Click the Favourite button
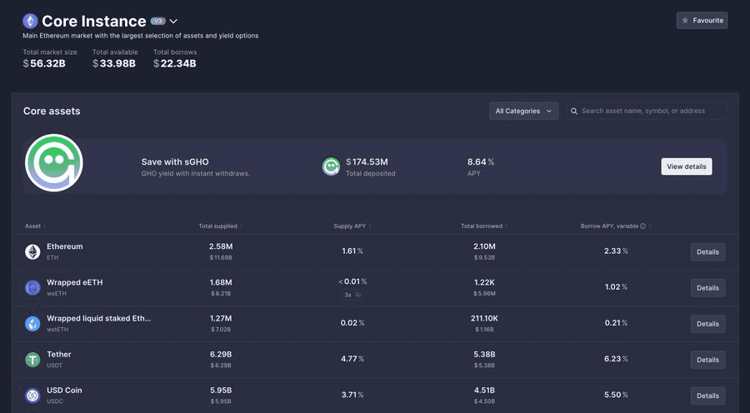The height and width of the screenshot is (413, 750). click(702, 20)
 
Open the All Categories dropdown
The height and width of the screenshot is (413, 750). click(523, 111)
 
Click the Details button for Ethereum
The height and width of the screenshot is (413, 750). click(707, 251)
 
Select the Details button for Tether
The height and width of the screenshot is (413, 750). click(707, 360)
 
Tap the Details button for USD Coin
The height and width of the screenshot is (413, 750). click(707, 396)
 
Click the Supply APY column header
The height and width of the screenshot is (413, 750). click(350, 226)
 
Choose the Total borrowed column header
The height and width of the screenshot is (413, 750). click(482, 226)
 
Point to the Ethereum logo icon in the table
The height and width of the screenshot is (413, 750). click(32, 251)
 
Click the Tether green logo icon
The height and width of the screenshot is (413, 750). click(32, 360)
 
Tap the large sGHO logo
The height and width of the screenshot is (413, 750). click(54, 163)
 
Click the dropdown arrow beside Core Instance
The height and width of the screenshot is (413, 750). click(173, 21)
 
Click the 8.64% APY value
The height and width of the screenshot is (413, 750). click(480, 162)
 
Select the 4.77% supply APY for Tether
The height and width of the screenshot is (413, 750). click(352, 359)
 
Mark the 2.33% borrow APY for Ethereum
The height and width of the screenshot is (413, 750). click(616, 251)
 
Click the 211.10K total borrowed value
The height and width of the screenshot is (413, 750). click(483, 318)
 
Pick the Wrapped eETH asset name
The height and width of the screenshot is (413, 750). click(75, 282)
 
